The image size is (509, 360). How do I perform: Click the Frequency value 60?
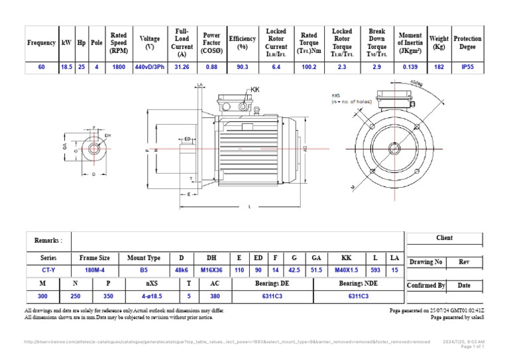pos(41,67)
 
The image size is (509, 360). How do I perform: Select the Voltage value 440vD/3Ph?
pos(150,67)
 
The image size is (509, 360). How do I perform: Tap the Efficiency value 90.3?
pos(243,67)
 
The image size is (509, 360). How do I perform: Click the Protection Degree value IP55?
pos(467,67)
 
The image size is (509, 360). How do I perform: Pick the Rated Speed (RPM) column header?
pos(119,42)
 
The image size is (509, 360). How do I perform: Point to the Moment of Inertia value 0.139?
pos(410,67)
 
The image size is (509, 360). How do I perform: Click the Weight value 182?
pos(439,67)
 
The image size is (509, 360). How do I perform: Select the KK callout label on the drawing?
pos(256,89)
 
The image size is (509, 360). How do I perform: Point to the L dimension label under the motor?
pos(249,207)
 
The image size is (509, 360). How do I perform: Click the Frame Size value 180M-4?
pos(95,270)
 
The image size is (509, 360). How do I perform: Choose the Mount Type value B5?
pos(143,270)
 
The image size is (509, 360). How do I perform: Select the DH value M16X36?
pos(211,270)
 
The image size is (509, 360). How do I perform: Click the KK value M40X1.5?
pos(346,270)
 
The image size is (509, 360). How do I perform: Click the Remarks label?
pos(48,241)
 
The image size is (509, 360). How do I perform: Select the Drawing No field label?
pos(425,262)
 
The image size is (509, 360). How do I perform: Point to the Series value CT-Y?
pos(48,270)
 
